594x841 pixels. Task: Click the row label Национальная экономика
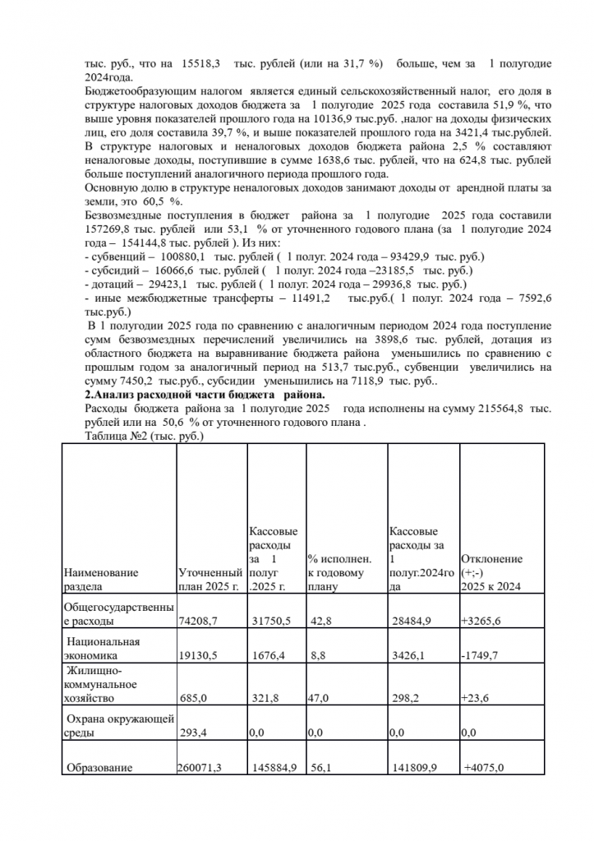point(103,649)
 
